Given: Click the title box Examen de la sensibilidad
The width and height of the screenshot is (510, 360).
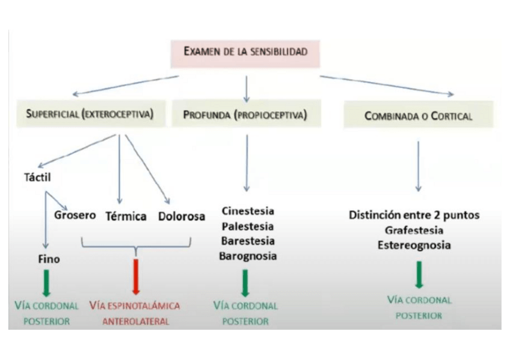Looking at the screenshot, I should [x=245, y=52].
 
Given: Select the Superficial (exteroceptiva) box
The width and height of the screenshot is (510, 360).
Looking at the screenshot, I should [x=88, y=114].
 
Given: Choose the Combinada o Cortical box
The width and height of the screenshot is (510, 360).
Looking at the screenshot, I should [x=419, y=115].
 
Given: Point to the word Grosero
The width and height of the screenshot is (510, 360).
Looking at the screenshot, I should [x=75, y=215].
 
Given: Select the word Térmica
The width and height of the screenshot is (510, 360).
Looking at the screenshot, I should [x=126, y=216].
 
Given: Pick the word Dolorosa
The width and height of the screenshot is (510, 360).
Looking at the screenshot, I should [x=182, y=216].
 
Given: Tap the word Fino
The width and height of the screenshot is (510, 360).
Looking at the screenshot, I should [x=49, y=259].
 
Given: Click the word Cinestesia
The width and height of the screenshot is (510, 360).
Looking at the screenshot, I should [x=248, y=212].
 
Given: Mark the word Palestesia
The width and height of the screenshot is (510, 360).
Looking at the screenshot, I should [x=248, y=227].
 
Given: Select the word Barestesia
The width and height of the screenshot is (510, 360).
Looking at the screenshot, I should [x=248, y=241].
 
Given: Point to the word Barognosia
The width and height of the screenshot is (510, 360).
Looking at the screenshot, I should [x=248, y=256].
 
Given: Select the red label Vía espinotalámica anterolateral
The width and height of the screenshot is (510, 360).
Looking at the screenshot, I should [x=135, y=313].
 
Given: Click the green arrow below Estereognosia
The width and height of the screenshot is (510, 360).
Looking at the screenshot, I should [x=419, y=275].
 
